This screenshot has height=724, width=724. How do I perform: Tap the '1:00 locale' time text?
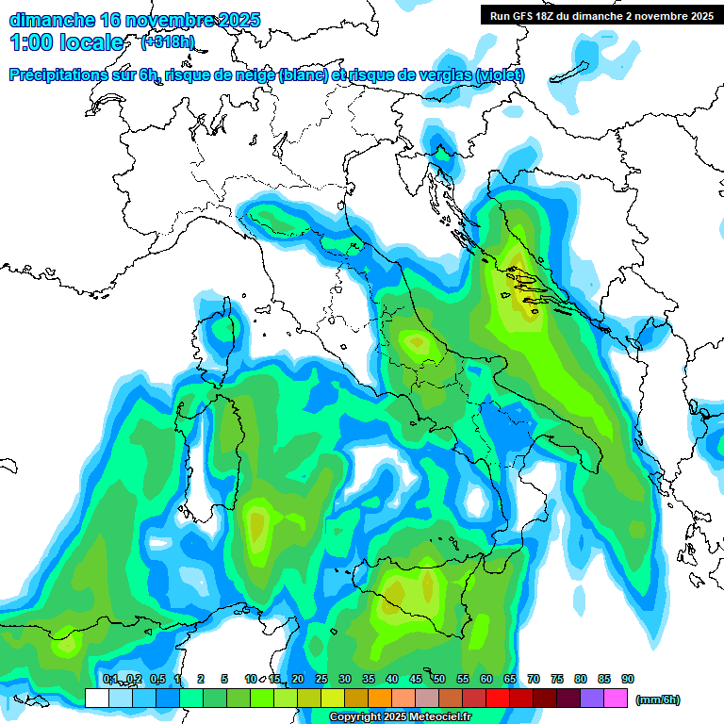pyautogui.click(x=66, y=42)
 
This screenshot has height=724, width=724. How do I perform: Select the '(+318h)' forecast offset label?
pyautogui.click(x=168, y=42)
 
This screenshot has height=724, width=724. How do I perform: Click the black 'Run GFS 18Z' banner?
pyautogui.click(x=601, y=15)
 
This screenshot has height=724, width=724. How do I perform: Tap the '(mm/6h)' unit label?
pyautogui.click(x=658, y=699)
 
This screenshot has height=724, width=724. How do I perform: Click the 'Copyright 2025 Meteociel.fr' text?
pyautogui.click(x=401, y=717)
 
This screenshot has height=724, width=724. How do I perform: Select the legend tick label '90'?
pyautogui.click(x=628, y=679)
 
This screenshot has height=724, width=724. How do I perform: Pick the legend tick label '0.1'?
pyautogui.click(x=109, y=679)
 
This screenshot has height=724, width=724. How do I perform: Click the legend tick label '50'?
pyautogui.click(x=439, y=679)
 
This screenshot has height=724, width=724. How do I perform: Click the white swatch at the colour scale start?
pyautogui.click(x=96, y=698)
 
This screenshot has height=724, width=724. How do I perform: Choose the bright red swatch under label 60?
pyautogui.click(x=499, y=698)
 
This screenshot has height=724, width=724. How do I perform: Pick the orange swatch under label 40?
pyautogui.click(x=403, y=698)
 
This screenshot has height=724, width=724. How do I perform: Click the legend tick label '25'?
pyautogui.click(x=321, y=679)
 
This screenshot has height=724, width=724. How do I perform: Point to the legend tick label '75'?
pyautogui.click(x=557, y=679)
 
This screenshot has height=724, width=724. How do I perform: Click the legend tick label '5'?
pyautogui.click(x=224, y=679)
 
